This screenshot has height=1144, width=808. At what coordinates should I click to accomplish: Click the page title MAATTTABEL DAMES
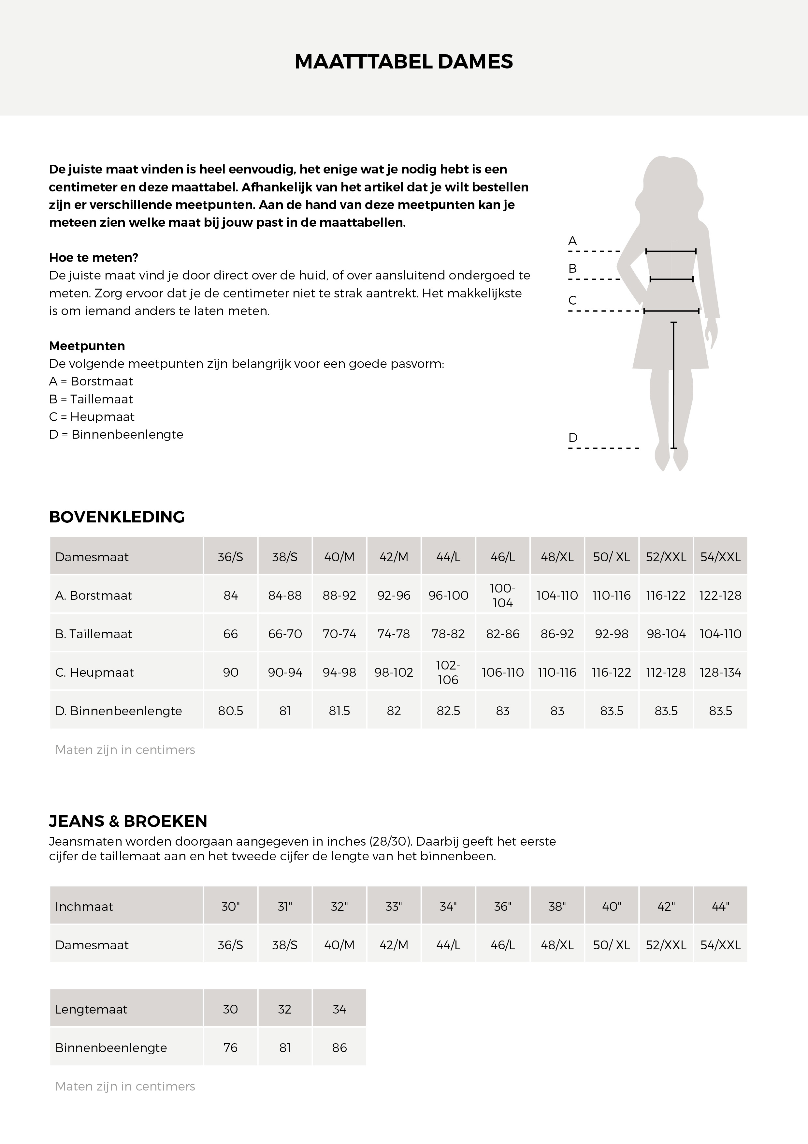pos(404,62)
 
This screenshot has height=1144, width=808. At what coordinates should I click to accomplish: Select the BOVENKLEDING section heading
pos(117,517)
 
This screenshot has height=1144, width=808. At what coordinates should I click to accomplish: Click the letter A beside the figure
pos(572,241)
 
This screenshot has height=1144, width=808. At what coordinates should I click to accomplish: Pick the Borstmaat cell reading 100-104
pos(502,595)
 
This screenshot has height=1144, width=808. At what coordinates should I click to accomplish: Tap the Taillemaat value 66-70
pos(285,634)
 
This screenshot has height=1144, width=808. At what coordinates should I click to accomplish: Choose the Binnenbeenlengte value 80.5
pos(230,711)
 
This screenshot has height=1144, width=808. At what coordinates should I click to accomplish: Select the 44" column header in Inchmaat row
pos(720,906)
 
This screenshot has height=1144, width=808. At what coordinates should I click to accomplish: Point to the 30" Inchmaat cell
pos(230,906)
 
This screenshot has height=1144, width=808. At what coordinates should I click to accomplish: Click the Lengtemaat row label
pos(91,1009)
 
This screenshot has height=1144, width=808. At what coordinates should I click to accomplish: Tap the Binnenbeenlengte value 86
pos(339,1048)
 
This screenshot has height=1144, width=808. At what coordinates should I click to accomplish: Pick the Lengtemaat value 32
pos(285,1009)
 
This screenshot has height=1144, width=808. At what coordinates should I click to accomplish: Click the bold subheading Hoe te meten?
pos(94,258)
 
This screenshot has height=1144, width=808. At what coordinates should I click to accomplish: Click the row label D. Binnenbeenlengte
pos(119,711)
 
